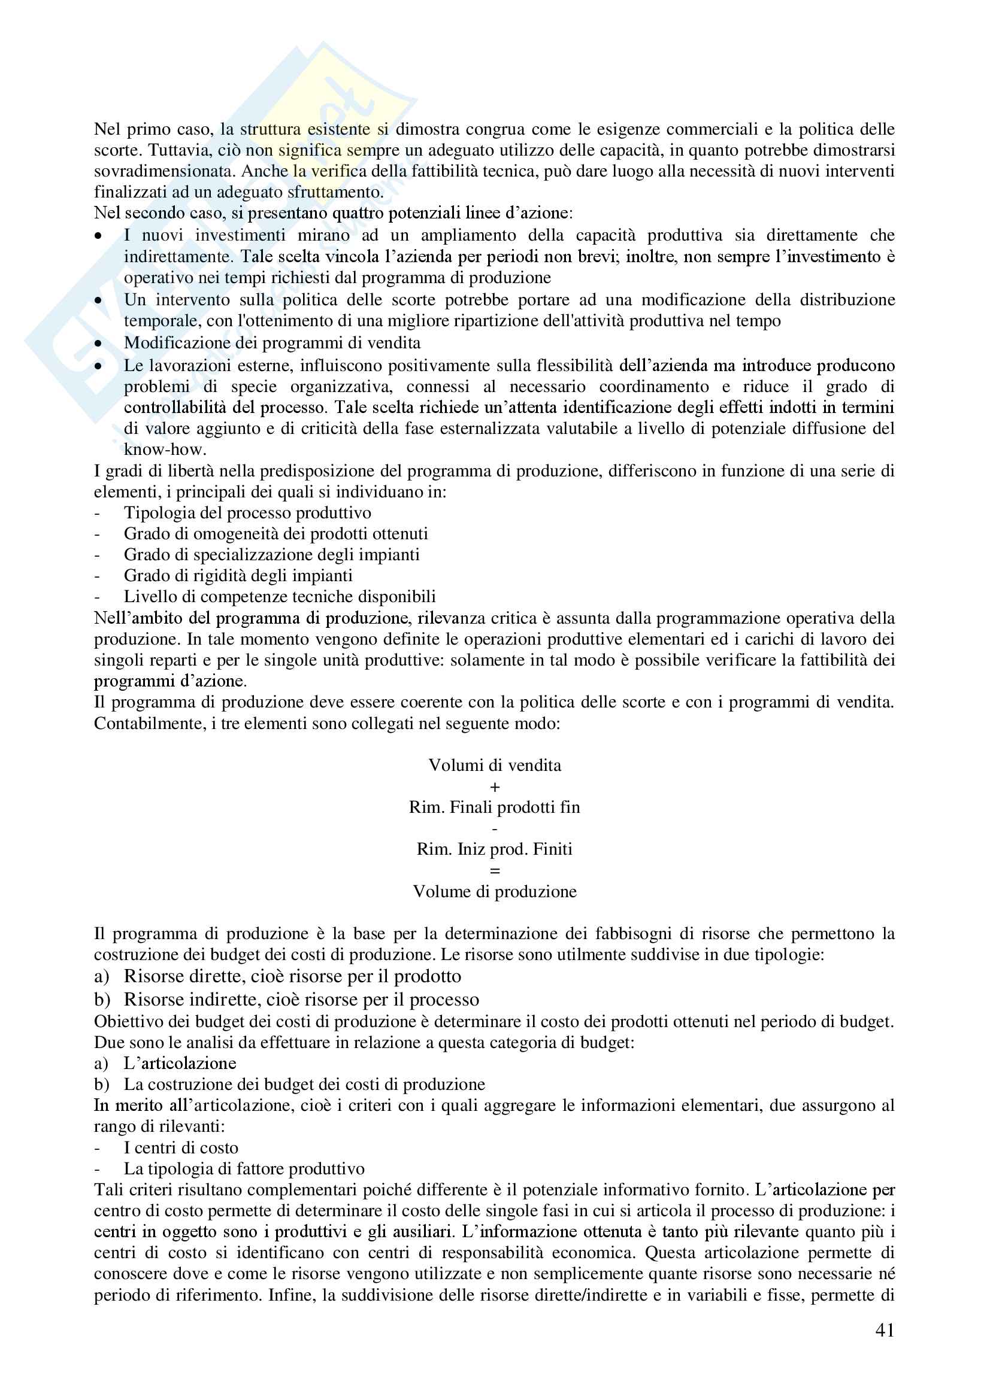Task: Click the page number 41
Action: [885, 1330]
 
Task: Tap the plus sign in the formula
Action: [495, 787]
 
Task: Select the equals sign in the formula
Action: [495, 871]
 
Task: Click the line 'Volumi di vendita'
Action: [495, 766]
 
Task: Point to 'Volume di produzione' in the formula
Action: [495, 891]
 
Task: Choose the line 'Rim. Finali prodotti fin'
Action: [495, 807]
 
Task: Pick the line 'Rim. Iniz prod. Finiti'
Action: [495, 849]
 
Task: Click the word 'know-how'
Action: [164, 450]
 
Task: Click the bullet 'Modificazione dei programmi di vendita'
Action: [272, 343]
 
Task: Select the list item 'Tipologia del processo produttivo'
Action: [247, 513]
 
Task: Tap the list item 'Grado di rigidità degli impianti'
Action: [238, 576]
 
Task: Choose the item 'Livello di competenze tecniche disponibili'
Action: [279, 596]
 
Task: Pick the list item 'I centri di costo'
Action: [180, 1147]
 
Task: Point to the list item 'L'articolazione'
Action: [180, 1064]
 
